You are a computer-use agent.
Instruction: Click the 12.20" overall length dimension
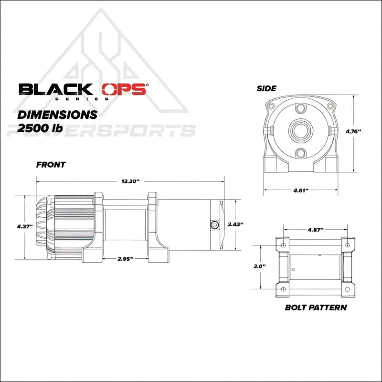pyautogui.click(x=130, y=181)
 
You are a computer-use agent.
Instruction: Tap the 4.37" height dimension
pyautogui.click(x=24, y=226)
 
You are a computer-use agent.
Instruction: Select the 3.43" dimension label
pyautogui.click(x=236, y=224)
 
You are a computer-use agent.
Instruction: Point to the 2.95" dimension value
pyautogui.click(x=125, y=258)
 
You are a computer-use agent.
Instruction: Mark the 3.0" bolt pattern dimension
pyautogui.click(x=260, y=266)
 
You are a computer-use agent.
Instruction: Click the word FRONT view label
pyautogui.click(x=51, y=165)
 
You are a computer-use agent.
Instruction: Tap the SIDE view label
pyautogui.click(x=266, y=88)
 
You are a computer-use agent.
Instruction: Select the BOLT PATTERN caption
pyautogui.click(x=316, y=307)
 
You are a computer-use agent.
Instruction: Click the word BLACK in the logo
pyautogui.click(x=55, y=89)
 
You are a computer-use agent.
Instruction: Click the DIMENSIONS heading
pyautogui.click(x=57, y=115)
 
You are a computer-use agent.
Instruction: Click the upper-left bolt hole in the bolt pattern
pyautogui.click(x=284, y=245)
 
